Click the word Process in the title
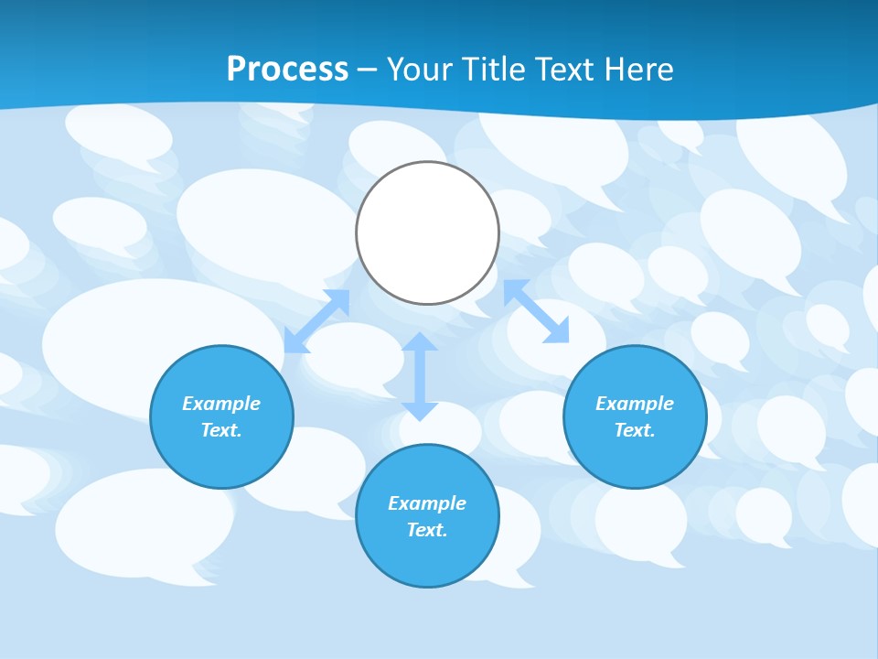coord(287,70)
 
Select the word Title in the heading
coord(498,70)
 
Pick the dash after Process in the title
coord(367,70)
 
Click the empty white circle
coord(427,232)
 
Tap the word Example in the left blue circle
coord(221,404)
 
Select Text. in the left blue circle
coord(221,430)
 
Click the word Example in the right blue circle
coord(635,404)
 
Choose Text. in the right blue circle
coord(635,430)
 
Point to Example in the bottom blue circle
coord(427,503)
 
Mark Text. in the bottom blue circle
coord(427,530)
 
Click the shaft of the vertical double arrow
coord(420,376)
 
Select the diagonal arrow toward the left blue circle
coord(316,321)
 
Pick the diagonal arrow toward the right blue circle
coord(536,311)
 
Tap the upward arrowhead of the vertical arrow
coord(420,341)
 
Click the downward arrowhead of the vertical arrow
coord(420,411)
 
